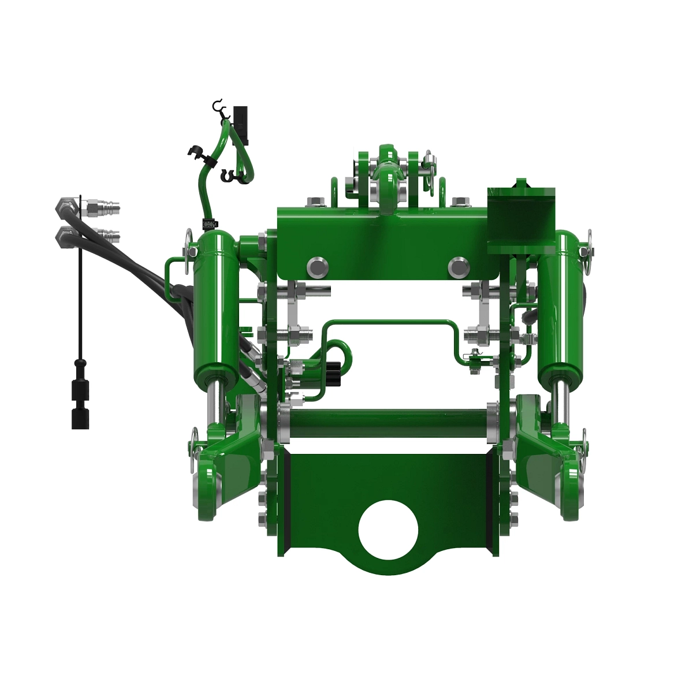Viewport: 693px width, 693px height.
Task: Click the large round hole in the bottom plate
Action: coord(388,530)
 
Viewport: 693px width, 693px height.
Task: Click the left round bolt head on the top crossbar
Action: coord(318,266)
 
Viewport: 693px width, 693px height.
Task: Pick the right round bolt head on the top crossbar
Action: coord(458,266)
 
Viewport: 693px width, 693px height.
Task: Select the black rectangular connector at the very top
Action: coord(241,122)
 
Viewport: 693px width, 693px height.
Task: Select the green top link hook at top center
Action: coord(386,173)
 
